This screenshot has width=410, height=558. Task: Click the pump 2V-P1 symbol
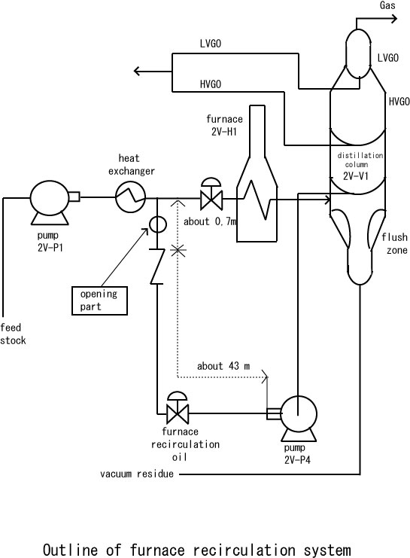[50, 202]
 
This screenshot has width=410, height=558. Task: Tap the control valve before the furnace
[211, 194]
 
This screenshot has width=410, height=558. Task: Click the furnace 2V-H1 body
[257, 174]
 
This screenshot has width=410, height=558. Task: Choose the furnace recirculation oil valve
[178, 408]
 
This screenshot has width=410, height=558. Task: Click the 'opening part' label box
[99, 300]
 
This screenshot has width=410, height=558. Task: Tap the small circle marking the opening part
[157, 224]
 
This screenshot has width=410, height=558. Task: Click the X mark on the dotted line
[178, 251]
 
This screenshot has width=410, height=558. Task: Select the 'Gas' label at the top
[387, 5]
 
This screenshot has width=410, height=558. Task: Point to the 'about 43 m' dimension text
[223, 366]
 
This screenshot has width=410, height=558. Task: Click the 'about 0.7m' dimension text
[210, 221]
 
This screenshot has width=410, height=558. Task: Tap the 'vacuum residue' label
[137, 474]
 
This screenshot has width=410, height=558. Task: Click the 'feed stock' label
[13, 334]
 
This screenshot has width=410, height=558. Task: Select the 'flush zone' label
[395, 244]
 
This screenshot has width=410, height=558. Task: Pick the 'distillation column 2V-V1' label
[360, 166]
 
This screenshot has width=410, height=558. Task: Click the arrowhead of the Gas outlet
[394, 19]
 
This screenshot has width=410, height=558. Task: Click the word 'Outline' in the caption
[70, 549]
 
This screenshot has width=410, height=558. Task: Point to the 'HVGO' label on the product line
[211, 84]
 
